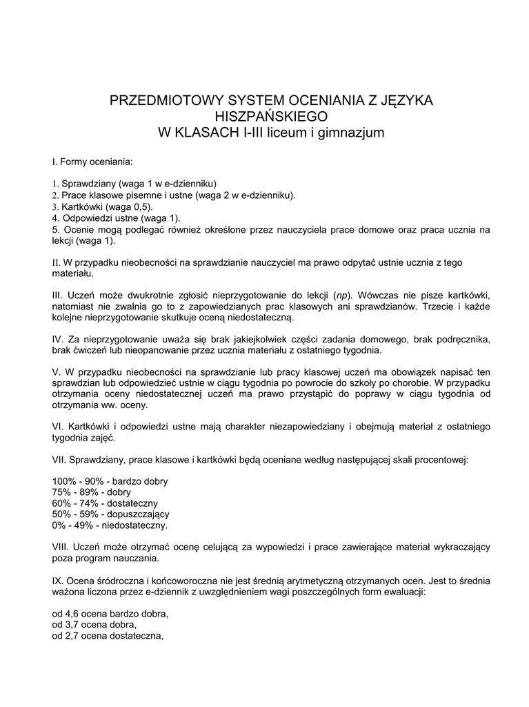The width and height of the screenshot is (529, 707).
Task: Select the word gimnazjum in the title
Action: (x=348, y=132)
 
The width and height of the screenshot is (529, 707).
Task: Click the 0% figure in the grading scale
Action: (x=59, y=525)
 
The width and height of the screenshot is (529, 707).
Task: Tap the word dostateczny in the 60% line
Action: (x=134, y=503)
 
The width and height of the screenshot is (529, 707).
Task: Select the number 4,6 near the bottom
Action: (x=72, y=614)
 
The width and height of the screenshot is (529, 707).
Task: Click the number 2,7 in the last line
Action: (x=72, y=637)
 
